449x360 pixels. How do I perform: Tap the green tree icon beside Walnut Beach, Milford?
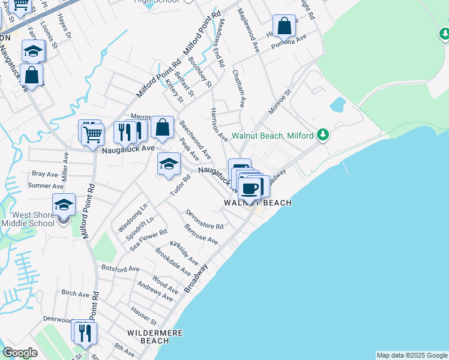click(323, 134)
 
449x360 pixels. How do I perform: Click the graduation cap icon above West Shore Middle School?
click(64, 205)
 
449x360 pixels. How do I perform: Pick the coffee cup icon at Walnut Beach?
click(250, 188)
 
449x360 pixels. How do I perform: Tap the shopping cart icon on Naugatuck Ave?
click(92, 134)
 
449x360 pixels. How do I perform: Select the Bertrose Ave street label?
click(201, 235)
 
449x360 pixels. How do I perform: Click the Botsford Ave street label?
click(120, 268)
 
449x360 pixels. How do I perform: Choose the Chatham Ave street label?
click(238, 88)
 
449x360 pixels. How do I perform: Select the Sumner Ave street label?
click(46, 186)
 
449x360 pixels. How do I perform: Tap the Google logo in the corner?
click(20, 353)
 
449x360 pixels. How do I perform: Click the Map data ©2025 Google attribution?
click(412, 355)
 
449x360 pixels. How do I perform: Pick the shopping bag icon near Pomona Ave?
click(284, 26)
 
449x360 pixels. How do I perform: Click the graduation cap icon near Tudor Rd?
click(169, 164)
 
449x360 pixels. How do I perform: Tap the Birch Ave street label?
click(75, 294)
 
